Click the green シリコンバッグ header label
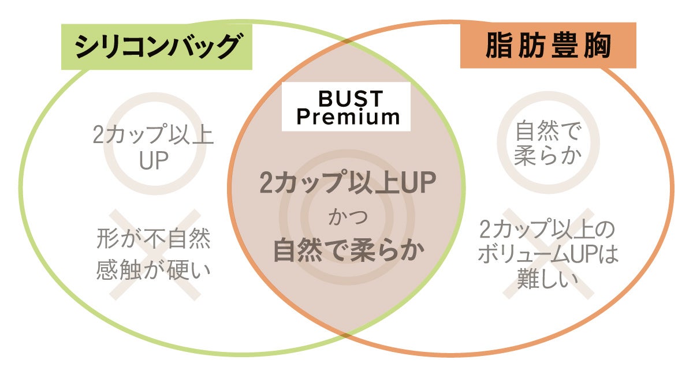[x=157, y=46]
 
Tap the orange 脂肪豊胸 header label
[x=547, y=46]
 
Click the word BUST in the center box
[x=346, y=97]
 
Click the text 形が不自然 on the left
[x=153, y=240]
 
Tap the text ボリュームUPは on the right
[x=547, y=255]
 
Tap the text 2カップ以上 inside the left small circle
[x=153, y=136]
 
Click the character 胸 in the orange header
[x=597, y=46]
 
